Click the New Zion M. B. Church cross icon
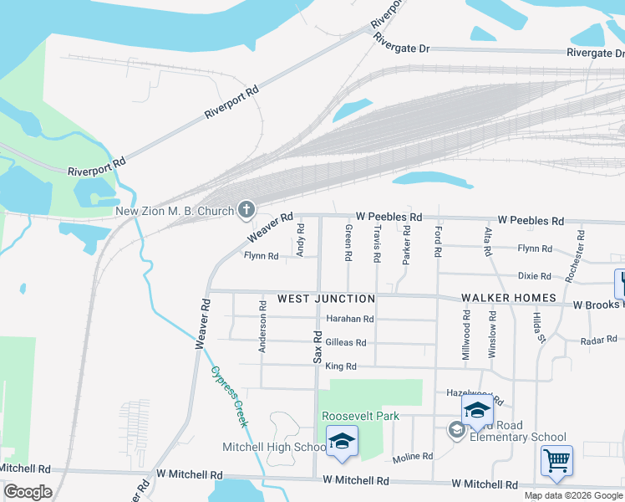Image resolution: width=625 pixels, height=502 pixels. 246,209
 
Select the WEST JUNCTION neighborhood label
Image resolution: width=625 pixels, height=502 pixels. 326,299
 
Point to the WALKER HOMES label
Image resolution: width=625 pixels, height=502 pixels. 509,299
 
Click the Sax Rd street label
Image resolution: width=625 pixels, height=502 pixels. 318,346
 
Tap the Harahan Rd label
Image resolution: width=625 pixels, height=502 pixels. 350,319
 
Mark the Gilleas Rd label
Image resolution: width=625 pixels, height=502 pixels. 346,342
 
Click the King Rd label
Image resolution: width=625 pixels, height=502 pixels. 341,366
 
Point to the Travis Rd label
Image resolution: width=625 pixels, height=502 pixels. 377,239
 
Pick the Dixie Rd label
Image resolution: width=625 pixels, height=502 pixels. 535,275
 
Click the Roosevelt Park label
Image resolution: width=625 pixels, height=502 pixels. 361,416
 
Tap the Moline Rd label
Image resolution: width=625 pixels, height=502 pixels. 413,457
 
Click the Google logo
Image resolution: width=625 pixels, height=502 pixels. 28,492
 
